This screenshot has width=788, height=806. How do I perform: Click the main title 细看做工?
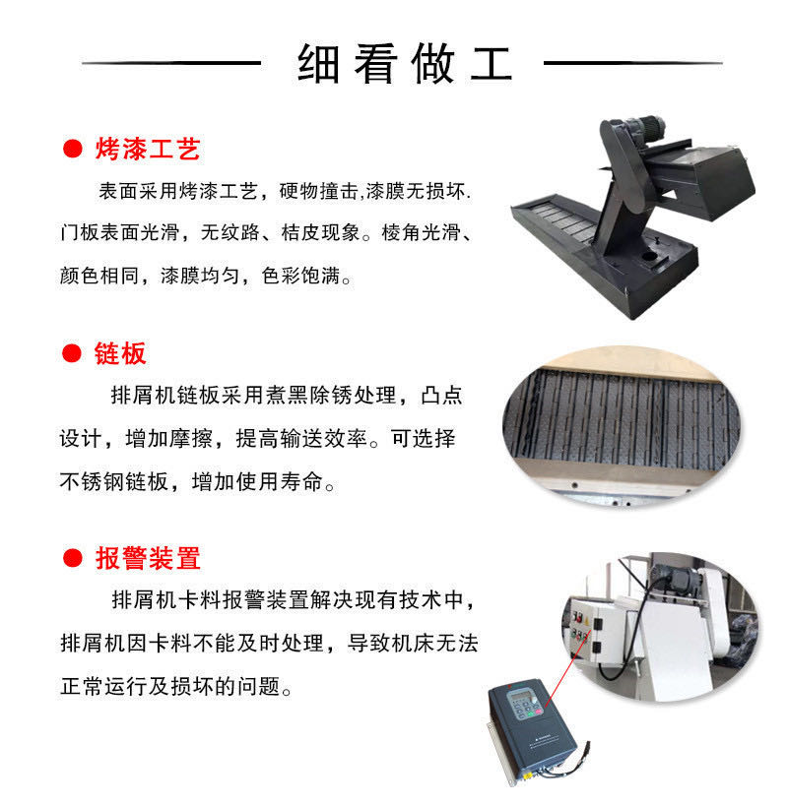pyautogui.click(x=405, y=64)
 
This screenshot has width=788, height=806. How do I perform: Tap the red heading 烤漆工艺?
pyautogui.click(x=148, y=149)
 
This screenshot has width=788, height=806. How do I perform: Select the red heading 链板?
pyautogui.click(x=120, y=353)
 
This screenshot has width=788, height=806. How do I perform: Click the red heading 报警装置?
pyautogui.click(x=148, y=558)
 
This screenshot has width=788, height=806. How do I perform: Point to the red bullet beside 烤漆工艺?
pyautogui.click(x=73, y=149)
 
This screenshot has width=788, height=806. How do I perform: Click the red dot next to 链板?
pyautogui.click(x=72, y=353)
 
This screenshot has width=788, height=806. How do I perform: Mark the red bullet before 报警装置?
pyautogui.click(x=73, y=558)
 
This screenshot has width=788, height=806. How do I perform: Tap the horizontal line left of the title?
pyautogui.click(x=171, y=63)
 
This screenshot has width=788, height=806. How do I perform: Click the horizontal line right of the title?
pyautogui.click(x=633, y=63)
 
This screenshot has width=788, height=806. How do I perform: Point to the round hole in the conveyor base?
pyautogui.click(x=649, y=256)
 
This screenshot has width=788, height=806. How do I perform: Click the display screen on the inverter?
pyautogui.click(x=519, y=697)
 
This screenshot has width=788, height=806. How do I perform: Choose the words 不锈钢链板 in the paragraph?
pyautogui.click(x=114, y=481)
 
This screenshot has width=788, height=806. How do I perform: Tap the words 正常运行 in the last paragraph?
pyautogui.click(x=103, y=686)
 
